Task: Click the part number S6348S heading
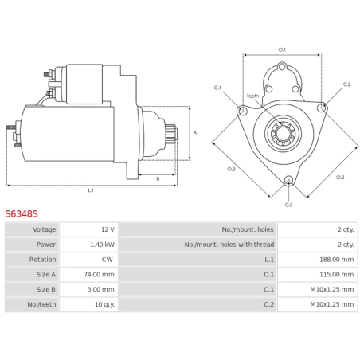(22, 214)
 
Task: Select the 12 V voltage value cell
(107, 229)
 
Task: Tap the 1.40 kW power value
(103, 245)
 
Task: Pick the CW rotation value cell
(108, 260)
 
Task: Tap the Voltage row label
(44, 229)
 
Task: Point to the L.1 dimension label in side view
(91, 190)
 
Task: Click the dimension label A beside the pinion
(195, 133)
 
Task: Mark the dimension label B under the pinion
(158, 178)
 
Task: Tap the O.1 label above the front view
(282, 49)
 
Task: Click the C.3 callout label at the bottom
(288, 205)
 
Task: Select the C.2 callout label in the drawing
(346, 84)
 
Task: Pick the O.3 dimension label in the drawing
(231, 169)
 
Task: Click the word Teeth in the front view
(252, 96)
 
